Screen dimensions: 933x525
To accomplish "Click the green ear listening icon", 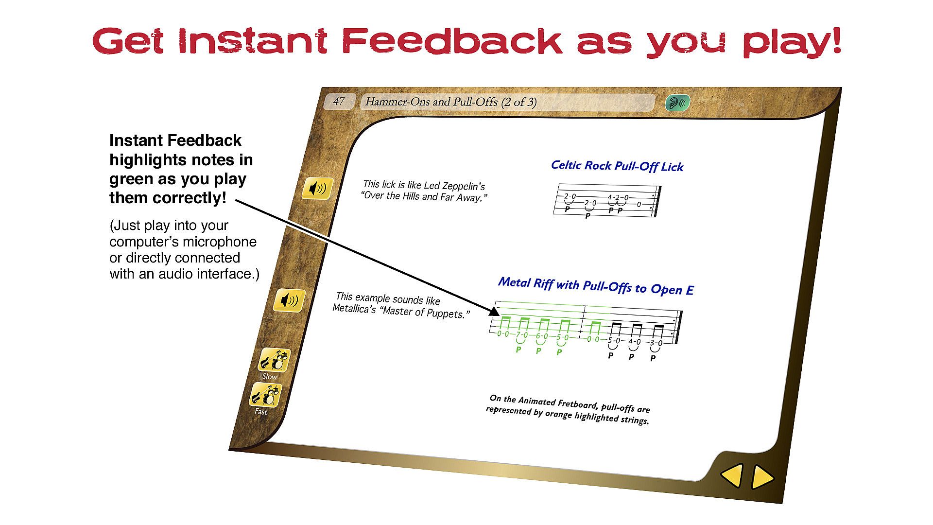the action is point(677,103).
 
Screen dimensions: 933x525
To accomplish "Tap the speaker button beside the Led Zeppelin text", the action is point(318,189).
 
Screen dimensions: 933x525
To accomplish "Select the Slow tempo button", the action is point(274,360).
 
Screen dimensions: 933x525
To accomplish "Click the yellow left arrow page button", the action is point(732,475).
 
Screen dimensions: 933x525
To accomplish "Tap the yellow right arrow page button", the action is point(762,477).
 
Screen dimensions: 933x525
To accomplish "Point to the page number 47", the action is point(338,101).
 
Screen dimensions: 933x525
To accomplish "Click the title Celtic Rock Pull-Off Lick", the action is point(617,166).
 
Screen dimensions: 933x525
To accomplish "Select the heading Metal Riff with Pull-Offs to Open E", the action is point(596,286).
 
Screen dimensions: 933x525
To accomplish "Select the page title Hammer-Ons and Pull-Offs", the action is point(432,102).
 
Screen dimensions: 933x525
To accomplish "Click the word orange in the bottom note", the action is point(558,414).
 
